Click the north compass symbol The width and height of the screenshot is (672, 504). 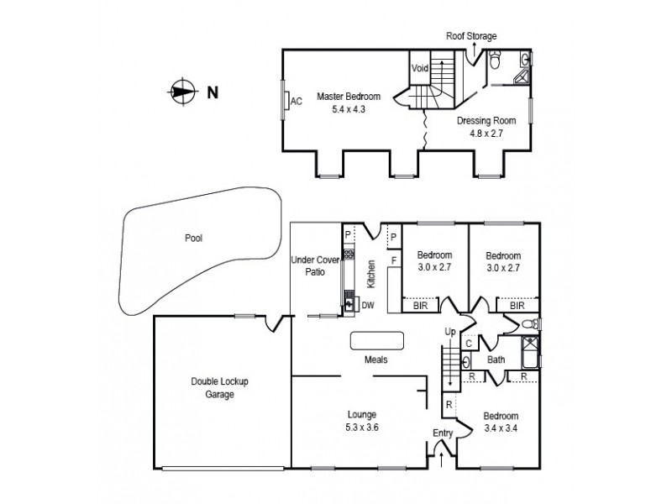(x=181, y=92)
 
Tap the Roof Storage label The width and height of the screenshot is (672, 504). (x=471, y=36)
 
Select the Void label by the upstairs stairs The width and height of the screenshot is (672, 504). (x=419, y=69)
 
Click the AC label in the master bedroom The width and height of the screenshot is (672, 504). (x=296, y=102)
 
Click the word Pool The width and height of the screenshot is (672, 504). (x=194, y=238)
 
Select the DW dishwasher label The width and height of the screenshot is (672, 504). (x=367, y=304)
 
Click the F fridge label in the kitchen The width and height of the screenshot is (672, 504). (x=393, y=261)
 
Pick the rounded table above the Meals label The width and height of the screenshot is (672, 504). (x=377, y=339)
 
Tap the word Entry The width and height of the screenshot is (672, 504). (x=443, y=433)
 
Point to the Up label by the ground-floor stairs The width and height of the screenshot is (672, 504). (x=449, y=333)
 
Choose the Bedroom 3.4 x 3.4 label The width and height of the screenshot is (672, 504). (x=501, y=421)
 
